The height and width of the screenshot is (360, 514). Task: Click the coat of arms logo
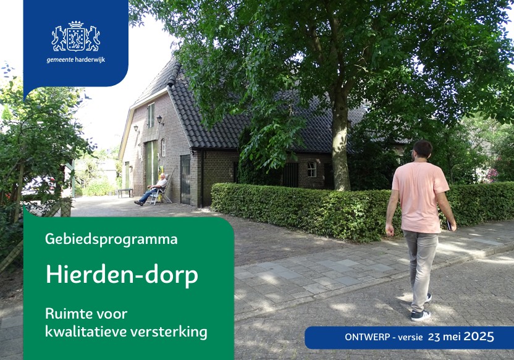coord(76,36)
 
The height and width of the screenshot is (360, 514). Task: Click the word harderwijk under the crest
coord(90,60)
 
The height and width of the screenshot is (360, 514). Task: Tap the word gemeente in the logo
coord(60,61)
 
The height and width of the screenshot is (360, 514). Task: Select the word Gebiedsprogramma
coord(111,240)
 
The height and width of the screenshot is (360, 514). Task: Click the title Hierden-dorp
coord(122,275)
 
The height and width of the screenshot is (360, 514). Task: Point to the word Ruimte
coord(68,314)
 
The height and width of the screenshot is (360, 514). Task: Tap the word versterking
coord(169,332)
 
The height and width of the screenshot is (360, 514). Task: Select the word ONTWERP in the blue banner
coord(367,337)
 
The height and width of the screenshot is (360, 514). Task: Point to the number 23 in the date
coord(434,337)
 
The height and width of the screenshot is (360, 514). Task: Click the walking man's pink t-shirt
coord(420,197)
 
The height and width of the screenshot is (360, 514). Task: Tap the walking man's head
coord(421,151)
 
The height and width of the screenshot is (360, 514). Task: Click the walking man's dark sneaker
coord(420,316)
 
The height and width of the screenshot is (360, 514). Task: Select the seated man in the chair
coord(151,190)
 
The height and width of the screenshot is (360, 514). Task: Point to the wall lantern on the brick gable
coord(159,120)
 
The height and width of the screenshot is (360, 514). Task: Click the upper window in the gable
coord(151,115)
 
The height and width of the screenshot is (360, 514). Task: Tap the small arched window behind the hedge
coord(312,169)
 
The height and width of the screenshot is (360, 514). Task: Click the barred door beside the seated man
coord(185,179)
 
